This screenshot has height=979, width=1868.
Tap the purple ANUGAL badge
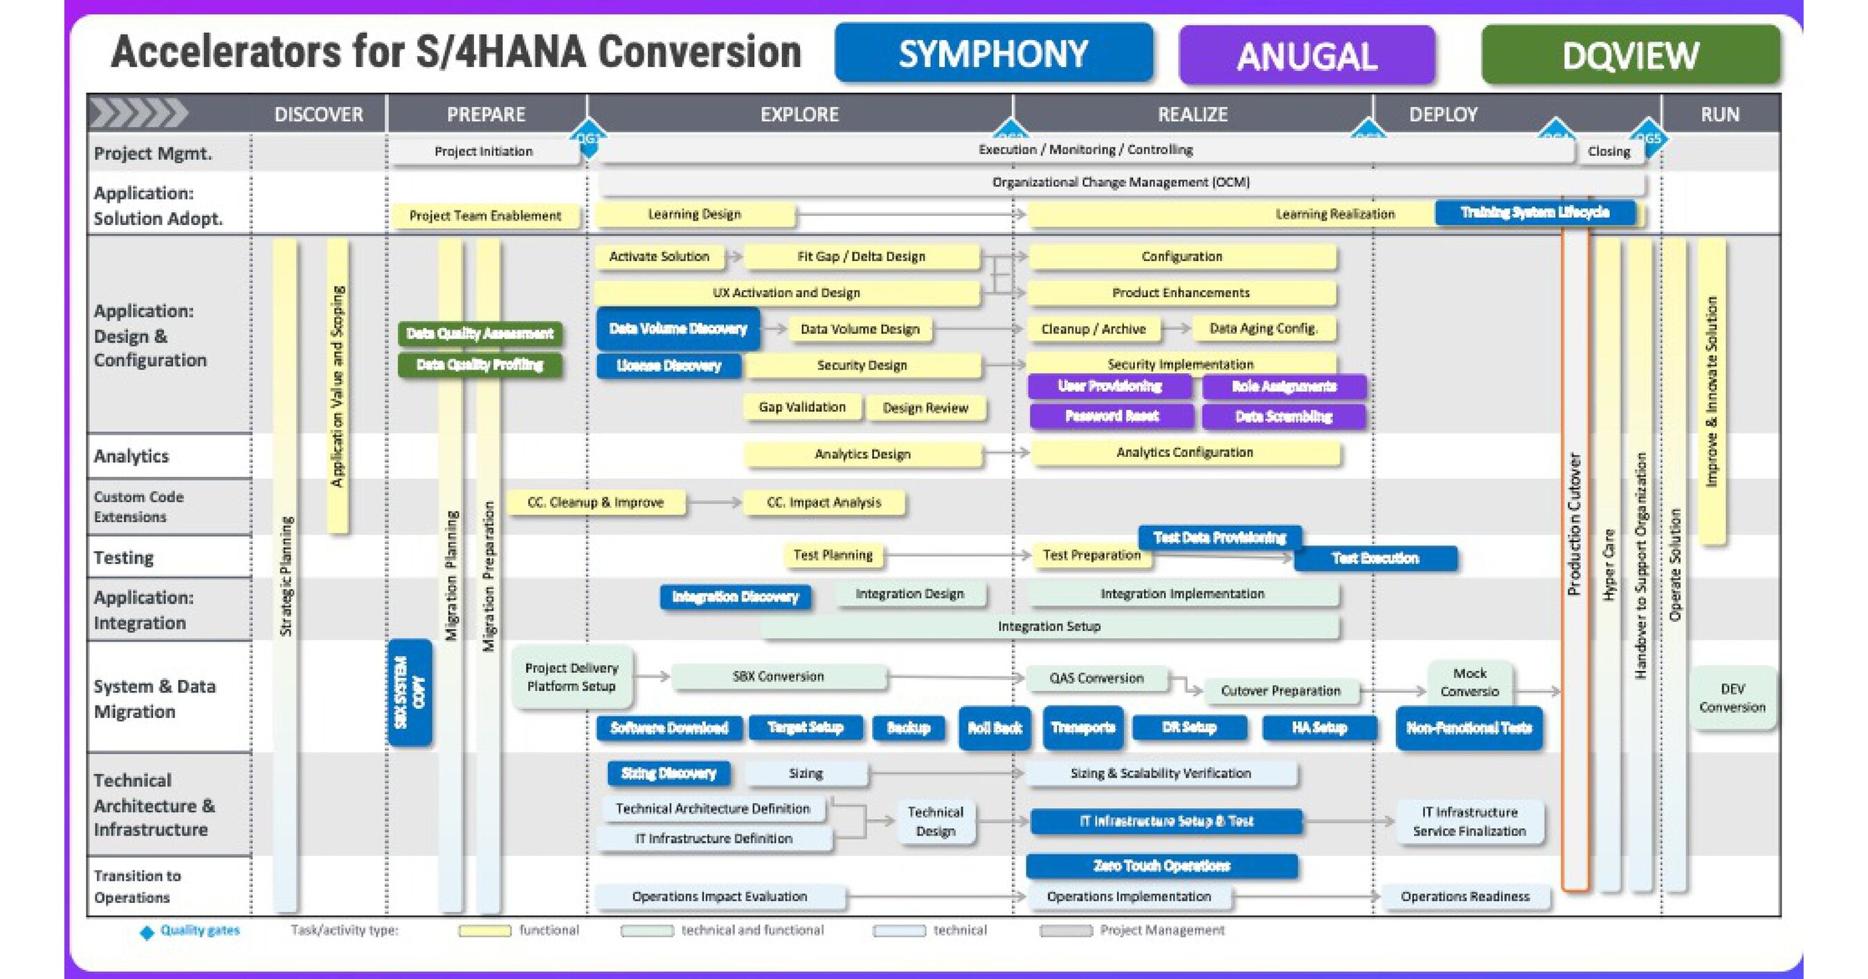pos(1306,56)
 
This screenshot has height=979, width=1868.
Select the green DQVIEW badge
pos(1630,55)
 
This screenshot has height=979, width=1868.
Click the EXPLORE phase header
pos(799,114)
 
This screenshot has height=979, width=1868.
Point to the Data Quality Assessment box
pos(480,334)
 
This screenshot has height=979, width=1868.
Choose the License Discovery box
pos(669,366)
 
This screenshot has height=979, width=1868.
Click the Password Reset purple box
pos(1111,416)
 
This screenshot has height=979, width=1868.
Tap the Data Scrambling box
pos(1284,416)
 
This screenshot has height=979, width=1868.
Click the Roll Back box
pos(994,728)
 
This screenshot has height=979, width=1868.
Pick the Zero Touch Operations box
pos(1161,866)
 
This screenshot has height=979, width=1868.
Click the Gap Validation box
pos(802,408)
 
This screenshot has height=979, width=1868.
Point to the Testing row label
pos(124,557)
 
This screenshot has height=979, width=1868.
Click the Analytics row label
pos(132,456)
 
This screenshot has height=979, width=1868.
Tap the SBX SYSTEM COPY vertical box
pos(410,692)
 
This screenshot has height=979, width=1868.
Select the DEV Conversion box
pos(1732,698)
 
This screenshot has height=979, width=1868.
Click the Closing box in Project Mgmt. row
pos(1608,152)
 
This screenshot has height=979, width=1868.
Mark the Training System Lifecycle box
pos(1534,213)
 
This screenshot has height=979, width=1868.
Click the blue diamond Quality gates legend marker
pos(147,933)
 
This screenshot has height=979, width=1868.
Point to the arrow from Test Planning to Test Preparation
pos(957,555)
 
